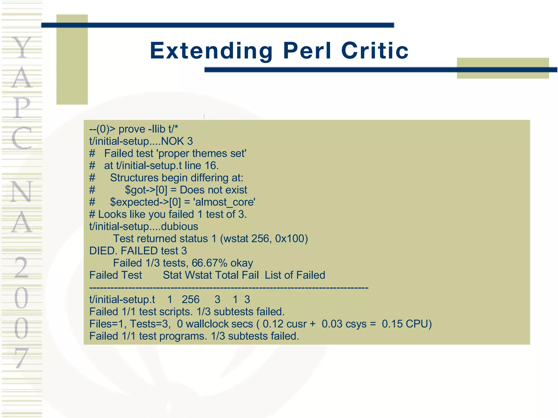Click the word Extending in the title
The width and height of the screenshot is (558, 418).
point(211,51)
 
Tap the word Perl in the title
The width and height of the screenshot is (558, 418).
point(307,51)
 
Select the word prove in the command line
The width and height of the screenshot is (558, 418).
point(132,129)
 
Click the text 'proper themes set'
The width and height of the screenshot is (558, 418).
point(202,153)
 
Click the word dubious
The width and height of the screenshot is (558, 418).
point(179,226)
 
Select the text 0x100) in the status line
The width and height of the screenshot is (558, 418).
point(291,239)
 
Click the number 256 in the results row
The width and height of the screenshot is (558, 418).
point(190,300)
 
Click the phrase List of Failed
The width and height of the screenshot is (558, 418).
point(295,275)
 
